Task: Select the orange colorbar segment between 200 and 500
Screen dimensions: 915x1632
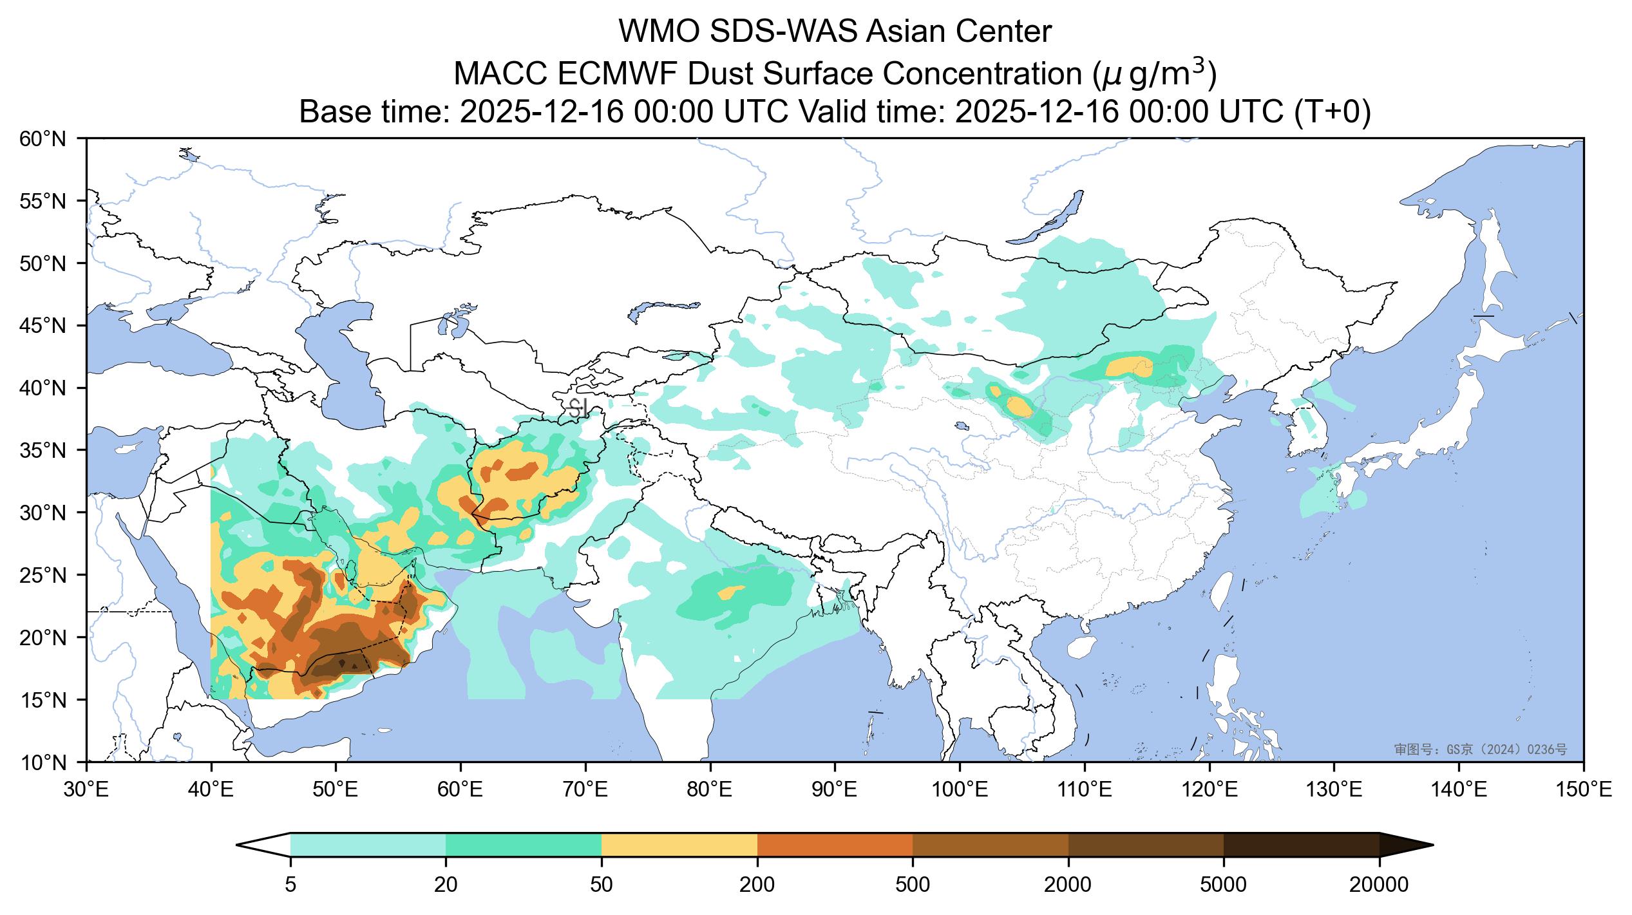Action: [835, 845]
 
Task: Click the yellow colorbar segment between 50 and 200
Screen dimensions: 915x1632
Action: [679, 845]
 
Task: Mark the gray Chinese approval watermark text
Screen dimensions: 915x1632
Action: [1480, 750]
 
